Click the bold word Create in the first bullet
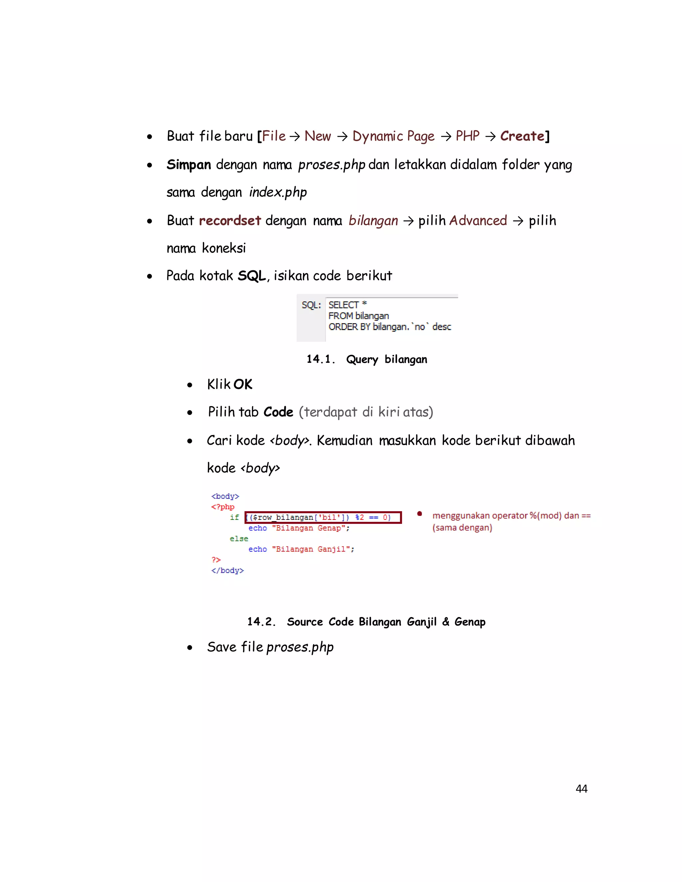pos(522,136)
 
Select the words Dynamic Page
pos(393,136)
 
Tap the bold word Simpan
pos(189,165)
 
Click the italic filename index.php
pos(278,192)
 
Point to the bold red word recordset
pos(230,220)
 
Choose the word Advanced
pos(478,220)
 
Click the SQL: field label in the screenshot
pos(311,305)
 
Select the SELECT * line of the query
pos(347,305)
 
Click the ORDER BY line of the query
pos(390,327)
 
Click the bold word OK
pos(243,384)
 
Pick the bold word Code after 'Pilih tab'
pos(278,412)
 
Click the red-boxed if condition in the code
pos(323,517)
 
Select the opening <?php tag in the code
pos(223,507)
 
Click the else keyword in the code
pos(239,539)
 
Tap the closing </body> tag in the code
pos(227,570)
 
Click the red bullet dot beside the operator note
pos(419,514)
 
